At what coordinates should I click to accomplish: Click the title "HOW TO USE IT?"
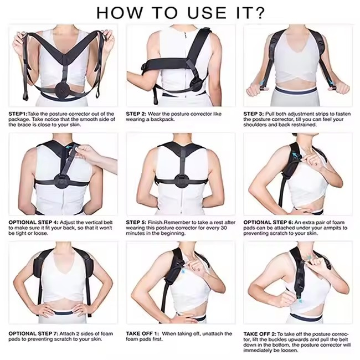(180, 12)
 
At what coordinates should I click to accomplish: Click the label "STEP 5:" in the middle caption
(137, 222)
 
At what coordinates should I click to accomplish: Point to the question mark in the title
(259, 12)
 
